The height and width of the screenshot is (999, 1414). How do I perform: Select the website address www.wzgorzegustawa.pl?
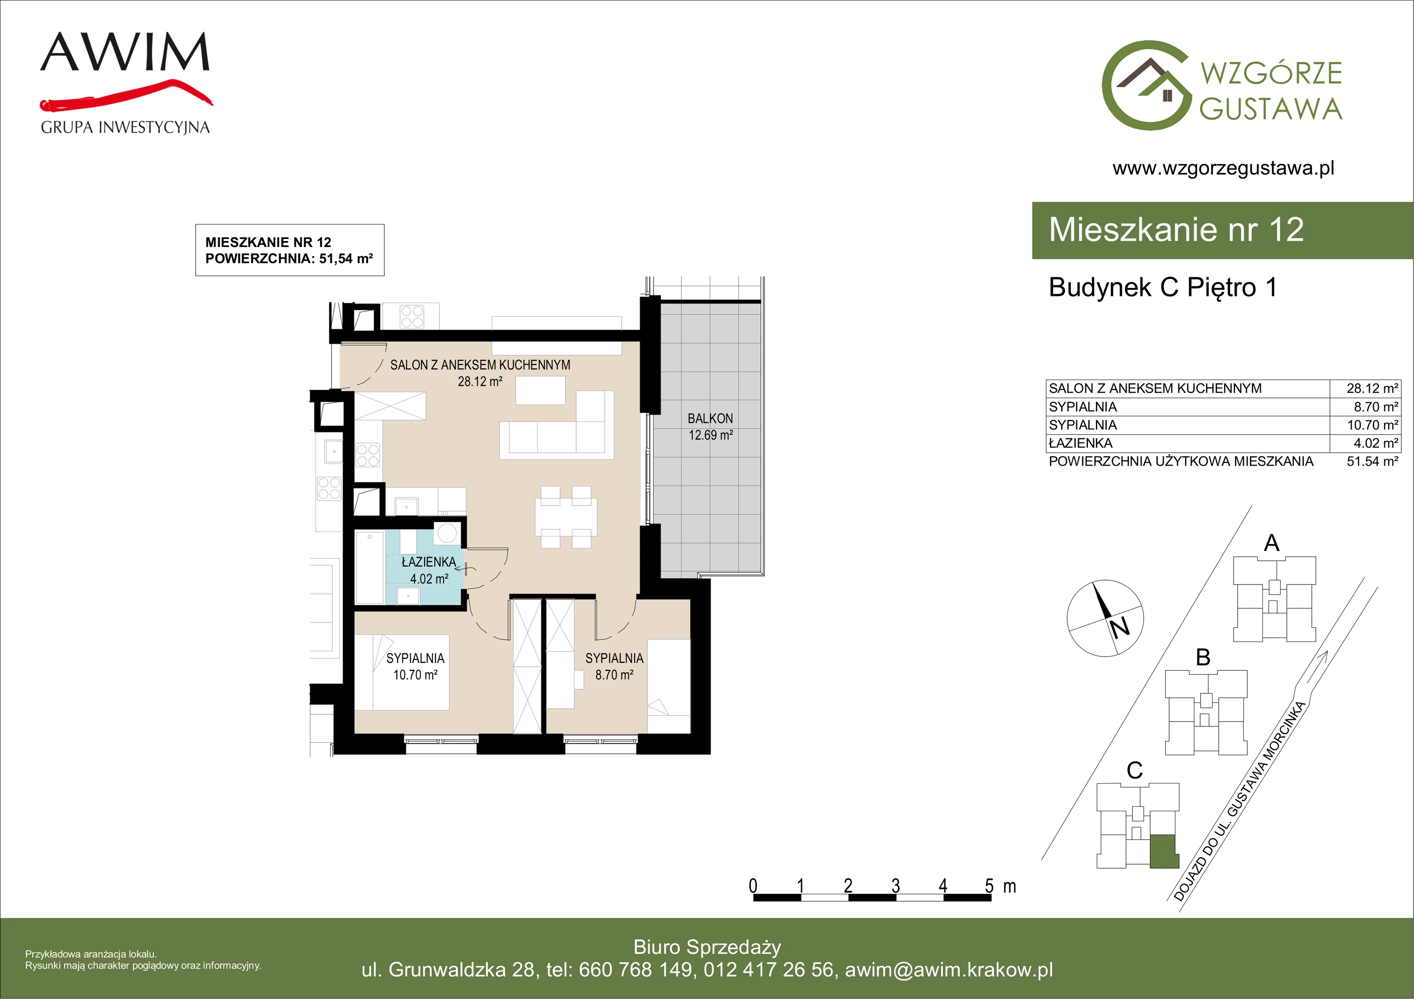click(1223, 168)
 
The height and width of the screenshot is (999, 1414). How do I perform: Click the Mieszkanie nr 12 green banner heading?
click(1176, 230)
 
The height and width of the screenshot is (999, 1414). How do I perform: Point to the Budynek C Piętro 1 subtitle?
click(1163, 288)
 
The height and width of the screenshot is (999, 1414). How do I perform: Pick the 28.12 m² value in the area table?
click(1372, 388)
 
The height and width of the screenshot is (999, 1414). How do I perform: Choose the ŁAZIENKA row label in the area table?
click(1080, 443)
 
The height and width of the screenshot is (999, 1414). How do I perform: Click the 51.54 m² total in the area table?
click(1372, 461)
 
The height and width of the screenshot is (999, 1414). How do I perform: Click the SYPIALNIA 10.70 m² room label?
click(415, 666)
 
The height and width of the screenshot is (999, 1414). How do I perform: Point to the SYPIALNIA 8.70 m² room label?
click(614, 666)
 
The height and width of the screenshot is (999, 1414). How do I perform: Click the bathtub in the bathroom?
click(369, 568)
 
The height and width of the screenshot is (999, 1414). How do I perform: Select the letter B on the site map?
click(1203, 657)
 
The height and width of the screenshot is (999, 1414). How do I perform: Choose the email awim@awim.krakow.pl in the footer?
click(949, 969)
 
